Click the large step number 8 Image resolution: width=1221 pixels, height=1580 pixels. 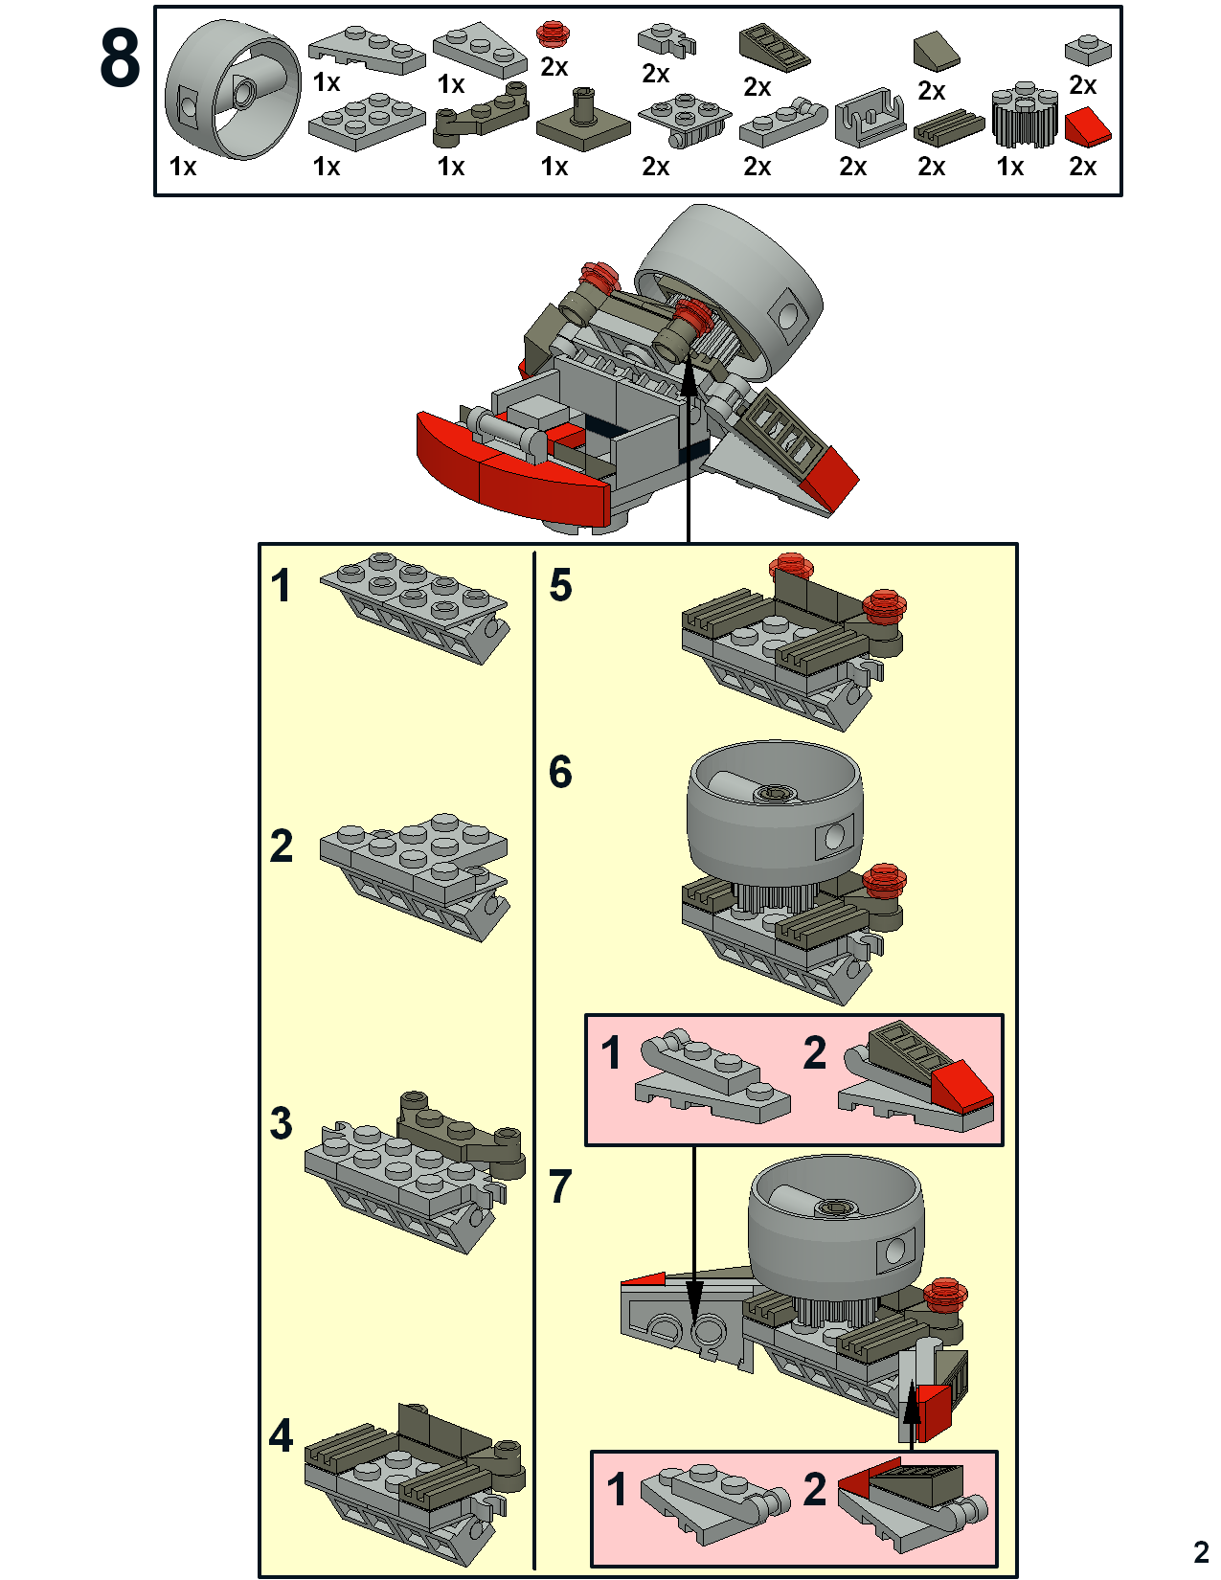[x=121, y=59]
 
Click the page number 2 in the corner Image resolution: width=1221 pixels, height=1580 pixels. [x=1201, y=1551]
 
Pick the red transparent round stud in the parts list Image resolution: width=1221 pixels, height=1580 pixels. [x=551, y=34]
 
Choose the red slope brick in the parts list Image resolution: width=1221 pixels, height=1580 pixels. [x=1088, y=125]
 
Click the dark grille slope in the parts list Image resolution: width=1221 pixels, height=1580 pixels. [x=774, y=47]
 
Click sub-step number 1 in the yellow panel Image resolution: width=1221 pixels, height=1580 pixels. [x=281, y=586]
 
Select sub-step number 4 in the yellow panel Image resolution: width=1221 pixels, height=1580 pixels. [x=281, y=1435]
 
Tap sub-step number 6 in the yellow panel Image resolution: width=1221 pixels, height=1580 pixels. [x=560, y=773]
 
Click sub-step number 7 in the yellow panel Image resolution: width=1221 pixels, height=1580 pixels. [x=560, y=1187]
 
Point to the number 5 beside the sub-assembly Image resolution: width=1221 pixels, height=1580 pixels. [x=560, y=586]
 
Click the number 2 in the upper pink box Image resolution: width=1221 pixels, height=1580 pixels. [x=815, y=1053]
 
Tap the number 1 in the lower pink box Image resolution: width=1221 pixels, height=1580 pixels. [x=618, y=1490]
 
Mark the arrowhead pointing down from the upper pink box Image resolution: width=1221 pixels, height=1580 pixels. [x=694, y=1298]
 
